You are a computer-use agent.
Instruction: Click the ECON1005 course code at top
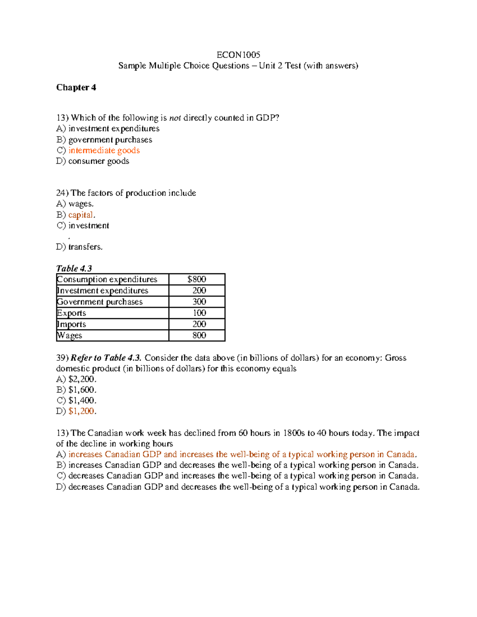(x=238, y=55)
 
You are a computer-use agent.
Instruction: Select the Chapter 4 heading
(x=76, y=87)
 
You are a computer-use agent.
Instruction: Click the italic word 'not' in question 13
(x=175, y=118)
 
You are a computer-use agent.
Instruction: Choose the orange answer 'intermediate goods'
(x=104, y=151)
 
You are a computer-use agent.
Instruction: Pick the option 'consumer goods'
(x=99, y=161)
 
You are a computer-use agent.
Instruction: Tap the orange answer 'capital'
(x=81, y=215)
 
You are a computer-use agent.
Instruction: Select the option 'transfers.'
(x=85, y=247)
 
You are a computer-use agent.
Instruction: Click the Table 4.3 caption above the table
(x=74, y=269)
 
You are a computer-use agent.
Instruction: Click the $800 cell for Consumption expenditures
(x=197, y=279)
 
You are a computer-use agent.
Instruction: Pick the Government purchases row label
(x=100, y=302)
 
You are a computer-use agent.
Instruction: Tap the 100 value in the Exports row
(x=199, y=313)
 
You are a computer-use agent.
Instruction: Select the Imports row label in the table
(x=72, y=324)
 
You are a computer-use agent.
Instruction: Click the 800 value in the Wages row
(x=199, y=335)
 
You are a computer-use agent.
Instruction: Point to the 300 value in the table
(x=199, y=302)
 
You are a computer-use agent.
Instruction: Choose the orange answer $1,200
(x=81, y=411)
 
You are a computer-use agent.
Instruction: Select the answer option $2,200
(x=82, y=379)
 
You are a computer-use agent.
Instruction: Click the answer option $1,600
(x=82, y=390)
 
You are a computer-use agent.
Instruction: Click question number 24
(x=62, y=193)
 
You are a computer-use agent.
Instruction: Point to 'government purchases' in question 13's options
(x=110, y=140)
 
